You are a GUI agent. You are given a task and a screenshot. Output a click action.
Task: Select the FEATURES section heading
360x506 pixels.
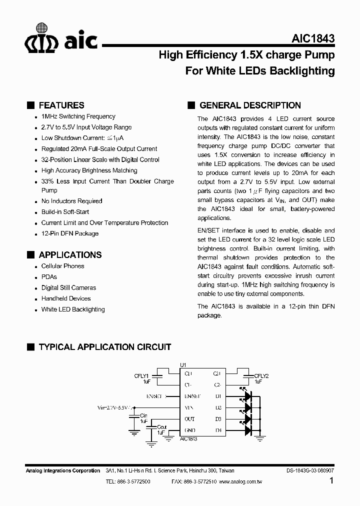[x=61, y=105]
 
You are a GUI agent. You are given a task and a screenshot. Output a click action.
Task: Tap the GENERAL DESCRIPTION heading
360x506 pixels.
[x=250, y=105]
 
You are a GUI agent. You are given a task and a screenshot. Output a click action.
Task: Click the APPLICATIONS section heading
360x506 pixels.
[x=70, y=254]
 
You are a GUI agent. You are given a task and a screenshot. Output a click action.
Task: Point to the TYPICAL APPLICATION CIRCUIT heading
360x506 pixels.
[x=104, y=346]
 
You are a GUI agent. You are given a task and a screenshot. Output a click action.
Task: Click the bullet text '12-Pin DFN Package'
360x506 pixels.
[x=69, y=233]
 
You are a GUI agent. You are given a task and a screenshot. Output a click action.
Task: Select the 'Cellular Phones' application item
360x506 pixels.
[x=62, y=266]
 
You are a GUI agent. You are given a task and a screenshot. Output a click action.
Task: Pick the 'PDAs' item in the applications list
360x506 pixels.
[x=49, y=276]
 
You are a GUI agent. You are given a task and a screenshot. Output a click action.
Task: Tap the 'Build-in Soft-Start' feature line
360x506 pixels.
[x=65, y=211]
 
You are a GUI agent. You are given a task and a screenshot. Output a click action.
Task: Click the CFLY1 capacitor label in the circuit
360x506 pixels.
[x=141, y=376]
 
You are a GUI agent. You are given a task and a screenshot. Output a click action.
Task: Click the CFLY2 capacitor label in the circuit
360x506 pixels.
[x=261, y=376]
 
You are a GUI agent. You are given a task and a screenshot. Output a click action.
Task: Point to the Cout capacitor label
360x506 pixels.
[x=162, y=427]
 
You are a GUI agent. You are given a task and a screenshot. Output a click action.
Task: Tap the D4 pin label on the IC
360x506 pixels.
[x=218, y=430]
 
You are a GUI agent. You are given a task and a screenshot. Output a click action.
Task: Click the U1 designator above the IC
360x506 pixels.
[x=182, y=365]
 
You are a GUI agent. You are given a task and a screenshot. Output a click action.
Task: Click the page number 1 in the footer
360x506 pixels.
[x=331, y=481]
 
